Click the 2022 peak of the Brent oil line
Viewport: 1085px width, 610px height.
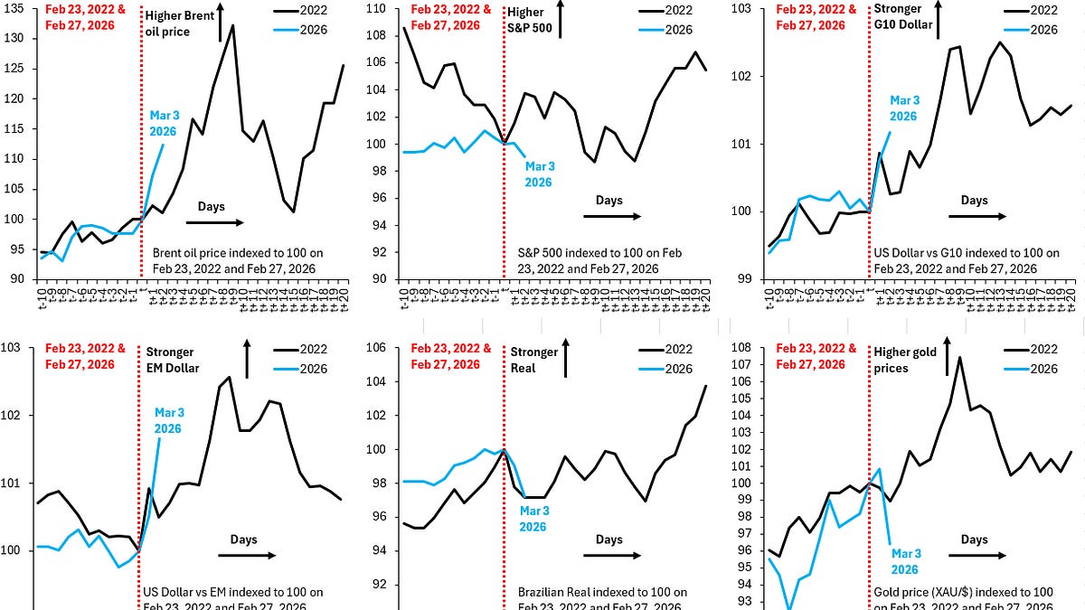point(233,25)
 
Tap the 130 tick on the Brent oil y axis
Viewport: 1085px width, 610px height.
point(16,39)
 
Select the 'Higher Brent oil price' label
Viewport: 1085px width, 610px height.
point(177,23)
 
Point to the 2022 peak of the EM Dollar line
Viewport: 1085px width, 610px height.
point(230,377)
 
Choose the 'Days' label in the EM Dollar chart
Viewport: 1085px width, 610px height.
point(244,539)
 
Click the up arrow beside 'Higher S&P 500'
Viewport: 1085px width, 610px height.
point(561,18)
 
